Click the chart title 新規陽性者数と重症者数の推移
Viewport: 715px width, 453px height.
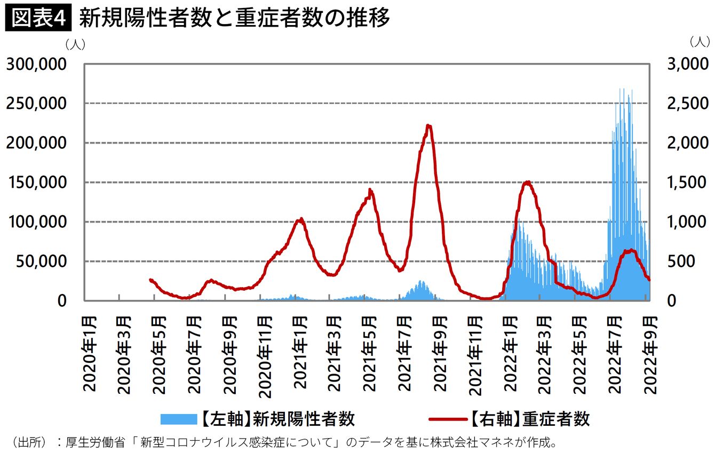click(235, 18)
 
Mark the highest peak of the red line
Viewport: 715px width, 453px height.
click(428, 126)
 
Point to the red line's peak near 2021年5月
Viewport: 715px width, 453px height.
click(370, 190)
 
